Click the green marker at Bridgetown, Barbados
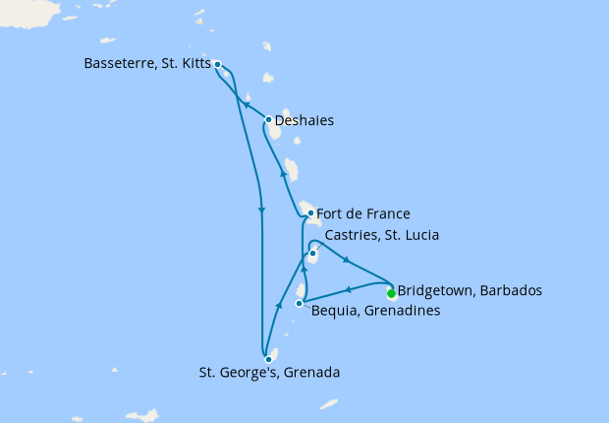point(391,292)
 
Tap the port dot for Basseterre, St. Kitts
point(217,65)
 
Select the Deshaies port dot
point(268,121)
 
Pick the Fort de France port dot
point(310,212)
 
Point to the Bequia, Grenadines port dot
point(299,303)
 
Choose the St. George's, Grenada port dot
point(268,359)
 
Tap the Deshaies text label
point(304,121)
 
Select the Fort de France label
point(363,212)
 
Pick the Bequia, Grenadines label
point(375,311)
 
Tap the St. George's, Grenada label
point(269,373)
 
